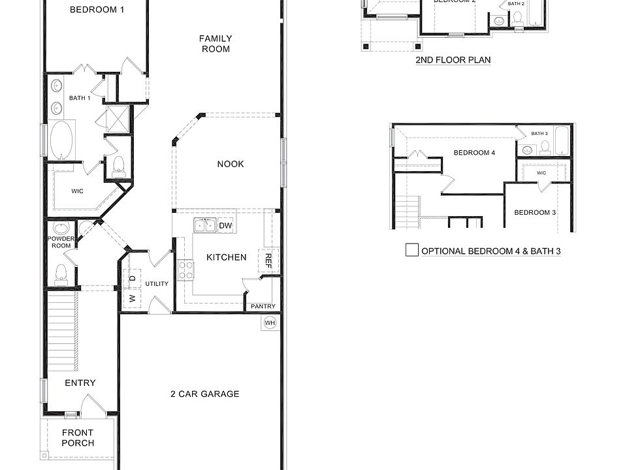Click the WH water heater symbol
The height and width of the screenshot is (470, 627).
pos(270,322)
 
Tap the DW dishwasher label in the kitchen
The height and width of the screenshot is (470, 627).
pos(225,226)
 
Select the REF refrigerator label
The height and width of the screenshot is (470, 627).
pos(268,261)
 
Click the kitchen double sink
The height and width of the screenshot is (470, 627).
pos(204,227)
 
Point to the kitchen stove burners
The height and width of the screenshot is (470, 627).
pos(185,269)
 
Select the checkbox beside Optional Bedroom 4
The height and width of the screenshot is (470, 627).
pos(411,250)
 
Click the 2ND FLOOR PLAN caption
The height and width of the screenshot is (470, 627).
pos(453,60)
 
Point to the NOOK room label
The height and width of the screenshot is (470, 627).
pos(231,164)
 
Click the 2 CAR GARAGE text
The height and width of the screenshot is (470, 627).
pos(205,394)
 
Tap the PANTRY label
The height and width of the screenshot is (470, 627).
pos(263,306)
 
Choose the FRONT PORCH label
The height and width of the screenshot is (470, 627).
pos(78,437)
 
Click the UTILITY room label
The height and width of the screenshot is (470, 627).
pos(157,283)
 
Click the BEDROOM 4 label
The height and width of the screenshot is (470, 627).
pos(475,153)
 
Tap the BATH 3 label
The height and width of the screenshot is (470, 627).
pos(539,133)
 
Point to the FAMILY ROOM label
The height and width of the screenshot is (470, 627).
pos(216,44)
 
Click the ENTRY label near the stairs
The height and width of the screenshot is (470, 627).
pos(80,383)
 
